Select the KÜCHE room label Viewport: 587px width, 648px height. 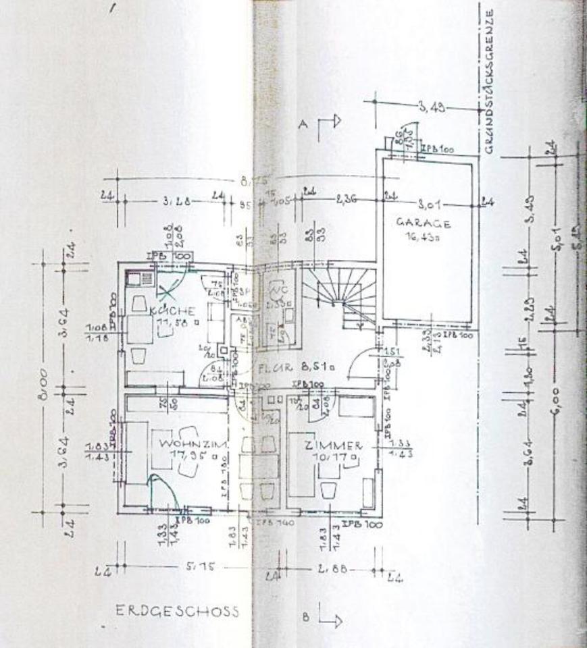[x=173, y=311]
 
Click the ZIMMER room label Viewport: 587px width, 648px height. [x=334, y=446]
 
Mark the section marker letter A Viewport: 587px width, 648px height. [x=303, y=124]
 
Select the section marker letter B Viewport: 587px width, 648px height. [x=306, y=616]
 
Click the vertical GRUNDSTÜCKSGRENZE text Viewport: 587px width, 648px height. [x=490, y=81]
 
